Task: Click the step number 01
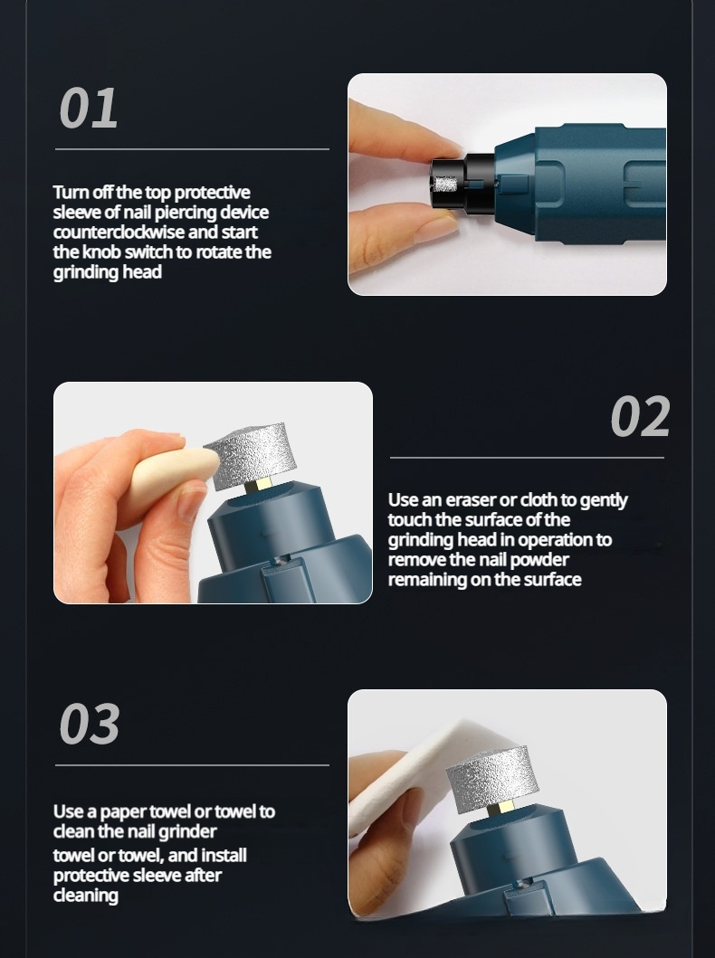[89, 108]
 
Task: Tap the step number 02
[640, 416]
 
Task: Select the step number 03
[90, 724]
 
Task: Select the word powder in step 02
[539, 560]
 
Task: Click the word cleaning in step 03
[86, 896]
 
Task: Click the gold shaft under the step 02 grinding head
[259, 486]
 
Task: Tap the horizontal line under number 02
[527, 458]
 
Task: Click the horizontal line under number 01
[192, 149]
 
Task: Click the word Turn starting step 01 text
[71, 193]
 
